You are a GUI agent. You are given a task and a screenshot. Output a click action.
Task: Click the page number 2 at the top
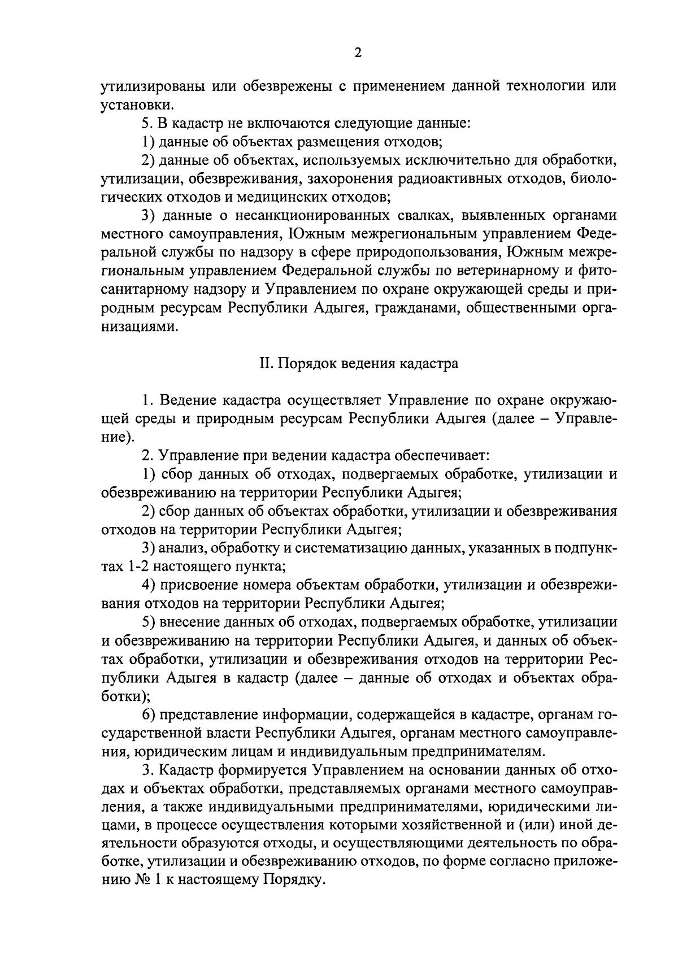click(x=357, y=53)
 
